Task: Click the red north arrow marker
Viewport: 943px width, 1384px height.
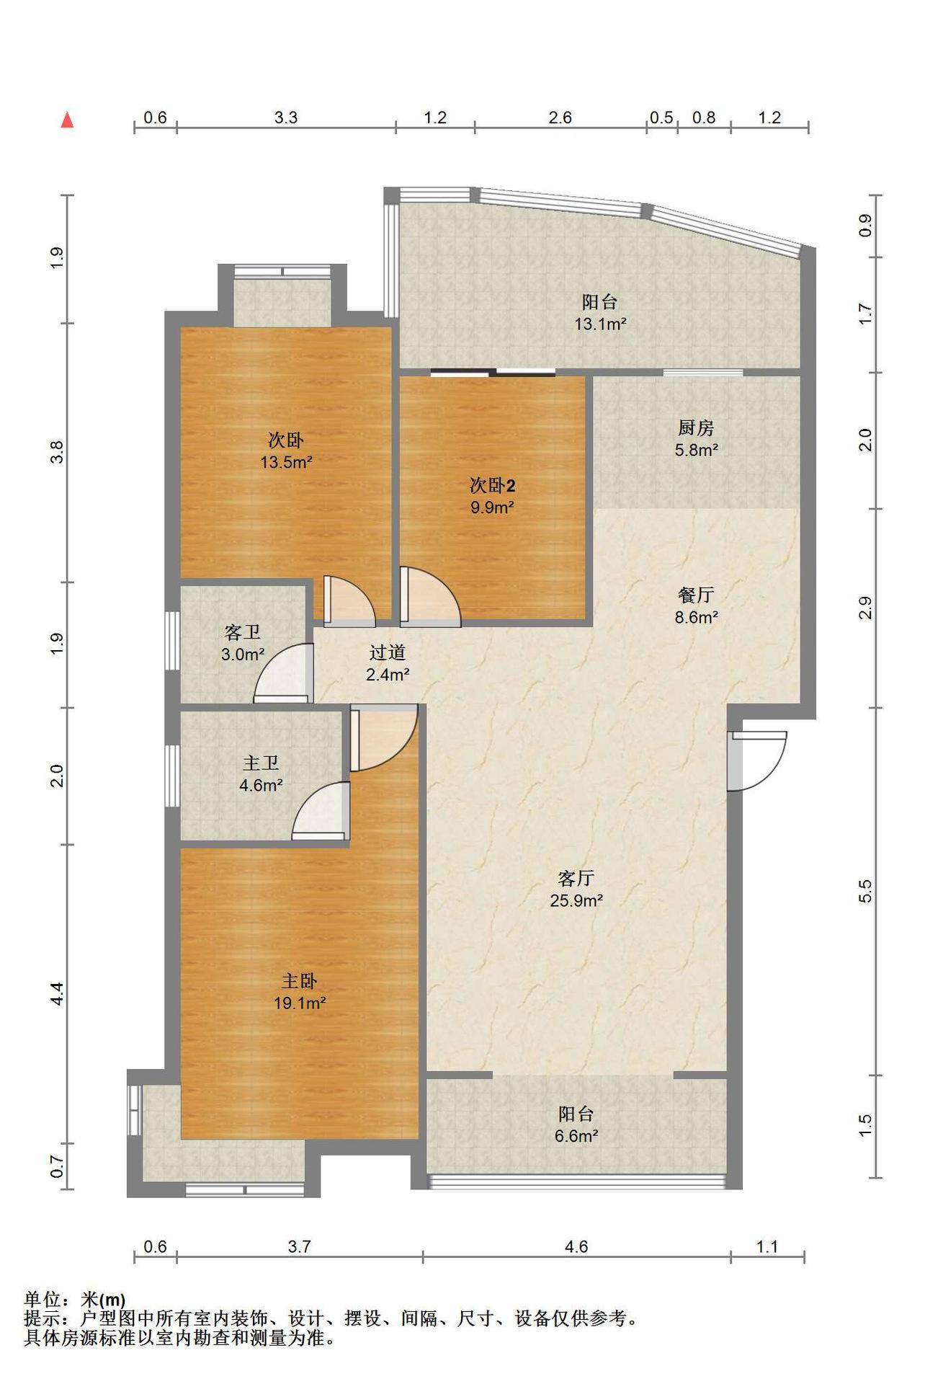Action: [x=67, y=120]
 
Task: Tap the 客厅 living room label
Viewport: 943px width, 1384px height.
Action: [x=576, y=878]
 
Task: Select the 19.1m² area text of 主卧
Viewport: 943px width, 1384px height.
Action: [x=300, y=1003]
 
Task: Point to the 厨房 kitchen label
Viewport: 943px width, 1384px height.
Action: [x=696, y=427]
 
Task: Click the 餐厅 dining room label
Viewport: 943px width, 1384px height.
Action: [x=696, y=595]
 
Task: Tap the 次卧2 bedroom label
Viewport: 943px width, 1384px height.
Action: [x=493, y=485]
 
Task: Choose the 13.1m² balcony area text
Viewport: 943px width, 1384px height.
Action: [x=600, y=324]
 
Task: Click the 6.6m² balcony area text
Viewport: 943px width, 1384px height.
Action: [x=576, y=1136]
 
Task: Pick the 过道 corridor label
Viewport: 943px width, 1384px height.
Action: [x=388, y=652]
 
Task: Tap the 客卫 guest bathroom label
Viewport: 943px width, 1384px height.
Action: [x=242, y=632]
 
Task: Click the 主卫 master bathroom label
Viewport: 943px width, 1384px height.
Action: [x=260, y=763]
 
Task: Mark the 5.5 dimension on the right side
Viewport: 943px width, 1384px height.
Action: [x=865, y=891]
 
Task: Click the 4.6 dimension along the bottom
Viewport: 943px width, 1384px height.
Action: [x=576, y=1246]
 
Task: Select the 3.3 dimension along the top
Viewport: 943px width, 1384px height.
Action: [x=286, y=117]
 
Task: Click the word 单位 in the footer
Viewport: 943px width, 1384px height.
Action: [x=42, y=1300]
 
